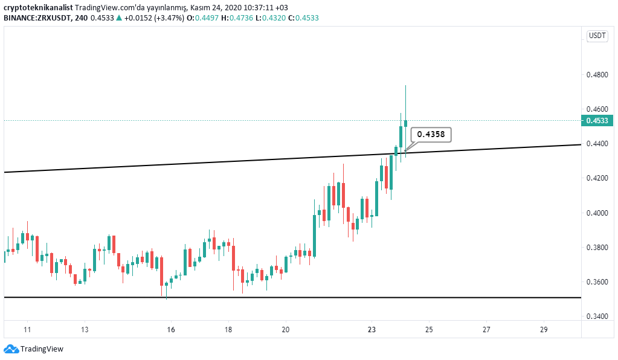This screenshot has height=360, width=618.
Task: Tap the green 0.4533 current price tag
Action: click(x=597, y=121)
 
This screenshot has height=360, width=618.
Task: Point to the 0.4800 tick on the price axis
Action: click(x=597, y=75)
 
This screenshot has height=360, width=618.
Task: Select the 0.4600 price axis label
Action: click(x=597, y=109)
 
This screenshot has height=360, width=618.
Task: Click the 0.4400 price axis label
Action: click(x=597, y=144)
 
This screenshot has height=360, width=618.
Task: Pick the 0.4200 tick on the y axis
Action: click(x=597, y=178)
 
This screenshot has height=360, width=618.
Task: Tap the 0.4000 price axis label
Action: click(x=597, y=213)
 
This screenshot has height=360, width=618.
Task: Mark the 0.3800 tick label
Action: click(x=597, y=247)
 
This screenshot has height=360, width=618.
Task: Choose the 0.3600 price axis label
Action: click(x=597, y=281)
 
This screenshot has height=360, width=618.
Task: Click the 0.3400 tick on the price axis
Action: click(x=597, y=316)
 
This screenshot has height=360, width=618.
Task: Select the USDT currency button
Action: click(x=597, y=36)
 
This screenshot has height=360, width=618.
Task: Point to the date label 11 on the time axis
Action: click(x=27, y=330)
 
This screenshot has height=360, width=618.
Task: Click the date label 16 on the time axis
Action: click(x=171, y=330)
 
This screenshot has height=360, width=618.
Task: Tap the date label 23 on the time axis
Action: click(x=372, y=330)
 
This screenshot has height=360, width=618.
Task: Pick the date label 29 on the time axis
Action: click(x=544, y=330)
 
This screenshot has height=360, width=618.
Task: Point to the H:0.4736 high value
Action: click(x=237, y=18)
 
